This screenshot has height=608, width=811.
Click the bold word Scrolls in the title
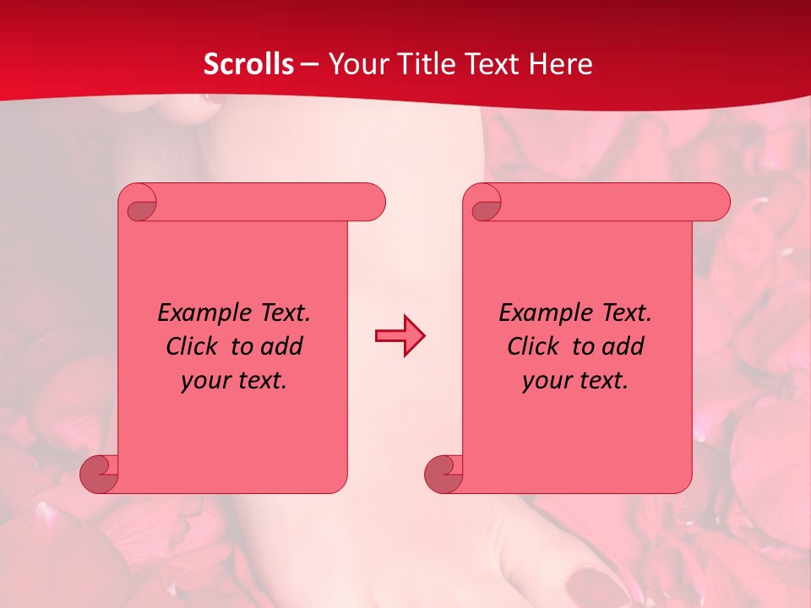click(x=248, y=64)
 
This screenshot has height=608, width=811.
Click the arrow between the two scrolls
click(x=400, y=335)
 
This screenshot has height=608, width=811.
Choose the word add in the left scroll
click(x=283, y=347)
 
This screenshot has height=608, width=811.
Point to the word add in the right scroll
click(x=624, y=347)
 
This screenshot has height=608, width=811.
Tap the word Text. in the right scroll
click(x=626, y=313)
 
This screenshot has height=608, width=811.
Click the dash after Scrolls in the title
click(x=309, y=65)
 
